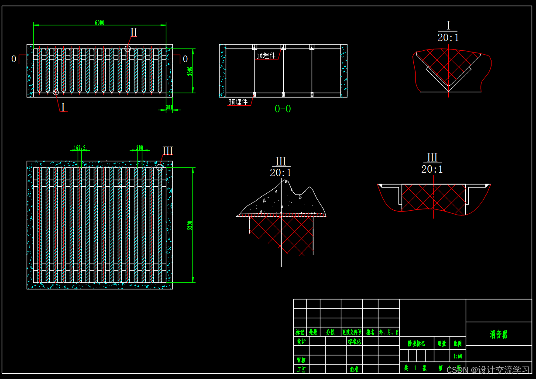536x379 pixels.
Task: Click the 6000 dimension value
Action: (x=100, y=23)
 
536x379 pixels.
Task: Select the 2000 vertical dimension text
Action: (x=190, y=71)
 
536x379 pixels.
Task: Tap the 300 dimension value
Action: (x=169, y=107)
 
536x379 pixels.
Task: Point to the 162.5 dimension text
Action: (x=80, y=148)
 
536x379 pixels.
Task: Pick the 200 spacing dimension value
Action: (x=140, y=148)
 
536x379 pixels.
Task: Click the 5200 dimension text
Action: (x=190, y=225)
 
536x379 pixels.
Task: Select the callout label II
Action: (x=134, y=32)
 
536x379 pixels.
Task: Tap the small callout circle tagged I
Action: (x=56, y=92)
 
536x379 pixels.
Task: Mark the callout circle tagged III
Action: (x=160, y=167)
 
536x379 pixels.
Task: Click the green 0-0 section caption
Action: (x=282, y=109)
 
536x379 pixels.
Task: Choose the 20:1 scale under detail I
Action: (x=448, y=38)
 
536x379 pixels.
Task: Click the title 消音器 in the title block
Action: (x=498, y=335)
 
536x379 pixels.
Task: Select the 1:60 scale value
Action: (x=458, y=356)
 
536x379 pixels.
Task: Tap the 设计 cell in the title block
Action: (x=301, y=341)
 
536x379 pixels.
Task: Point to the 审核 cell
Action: (x=301, y=360)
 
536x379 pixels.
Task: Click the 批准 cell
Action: (x=354, y=369)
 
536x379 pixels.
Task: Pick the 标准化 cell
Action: (x=354, y=341)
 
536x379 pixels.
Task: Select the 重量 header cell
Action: (x=442, y=344)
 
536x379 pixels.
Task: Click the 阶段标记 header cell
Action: (x=416, y=344)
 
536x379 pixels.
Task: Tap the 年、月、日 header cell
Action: (x=388, y=332)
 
